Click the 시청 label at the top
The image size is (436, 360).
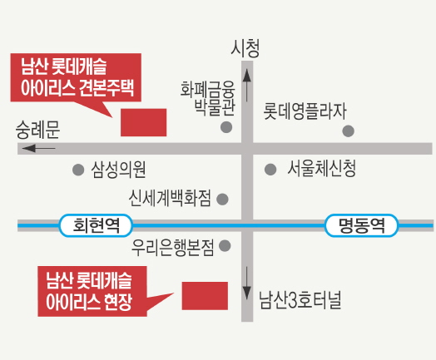(245, 48)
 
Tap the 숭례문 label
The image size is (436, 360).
(37, 130)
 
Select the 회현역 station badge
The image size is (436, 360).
(96, 225)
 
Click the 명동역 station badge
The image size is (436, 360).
(361, 225)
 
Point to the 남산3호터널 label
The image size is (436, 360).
(300, 300)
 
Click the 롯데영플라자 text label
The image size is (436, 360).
(305, 111)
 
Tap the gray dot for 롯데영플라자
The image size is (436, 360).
(348, 131)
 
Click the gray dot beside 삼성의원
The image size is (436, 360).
(78, 170)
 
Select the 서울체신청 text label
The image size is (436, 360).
(322, 169)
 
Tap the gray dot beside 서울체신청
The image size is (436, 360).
(270, 169)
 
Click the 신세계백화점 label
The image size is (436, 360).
(170, 198)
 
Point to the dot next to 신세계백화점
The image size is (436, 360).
(222, 200)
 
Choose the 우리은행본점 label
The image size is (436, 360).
(173, 248)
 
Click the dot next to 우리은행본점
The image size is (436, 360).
(225, 246)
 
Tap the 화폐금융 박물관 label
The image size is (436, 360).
(208, 98)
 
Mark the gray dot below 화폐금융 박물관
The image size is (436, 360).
(226, 127)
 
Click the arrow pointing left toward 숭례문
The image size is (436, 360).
(38, 148)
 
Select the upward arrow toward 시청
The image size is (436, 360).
(247, 86)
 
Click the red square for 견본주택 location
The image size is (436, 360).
(143, 122)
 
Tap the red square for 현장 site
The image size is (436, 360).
(205, 296)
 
